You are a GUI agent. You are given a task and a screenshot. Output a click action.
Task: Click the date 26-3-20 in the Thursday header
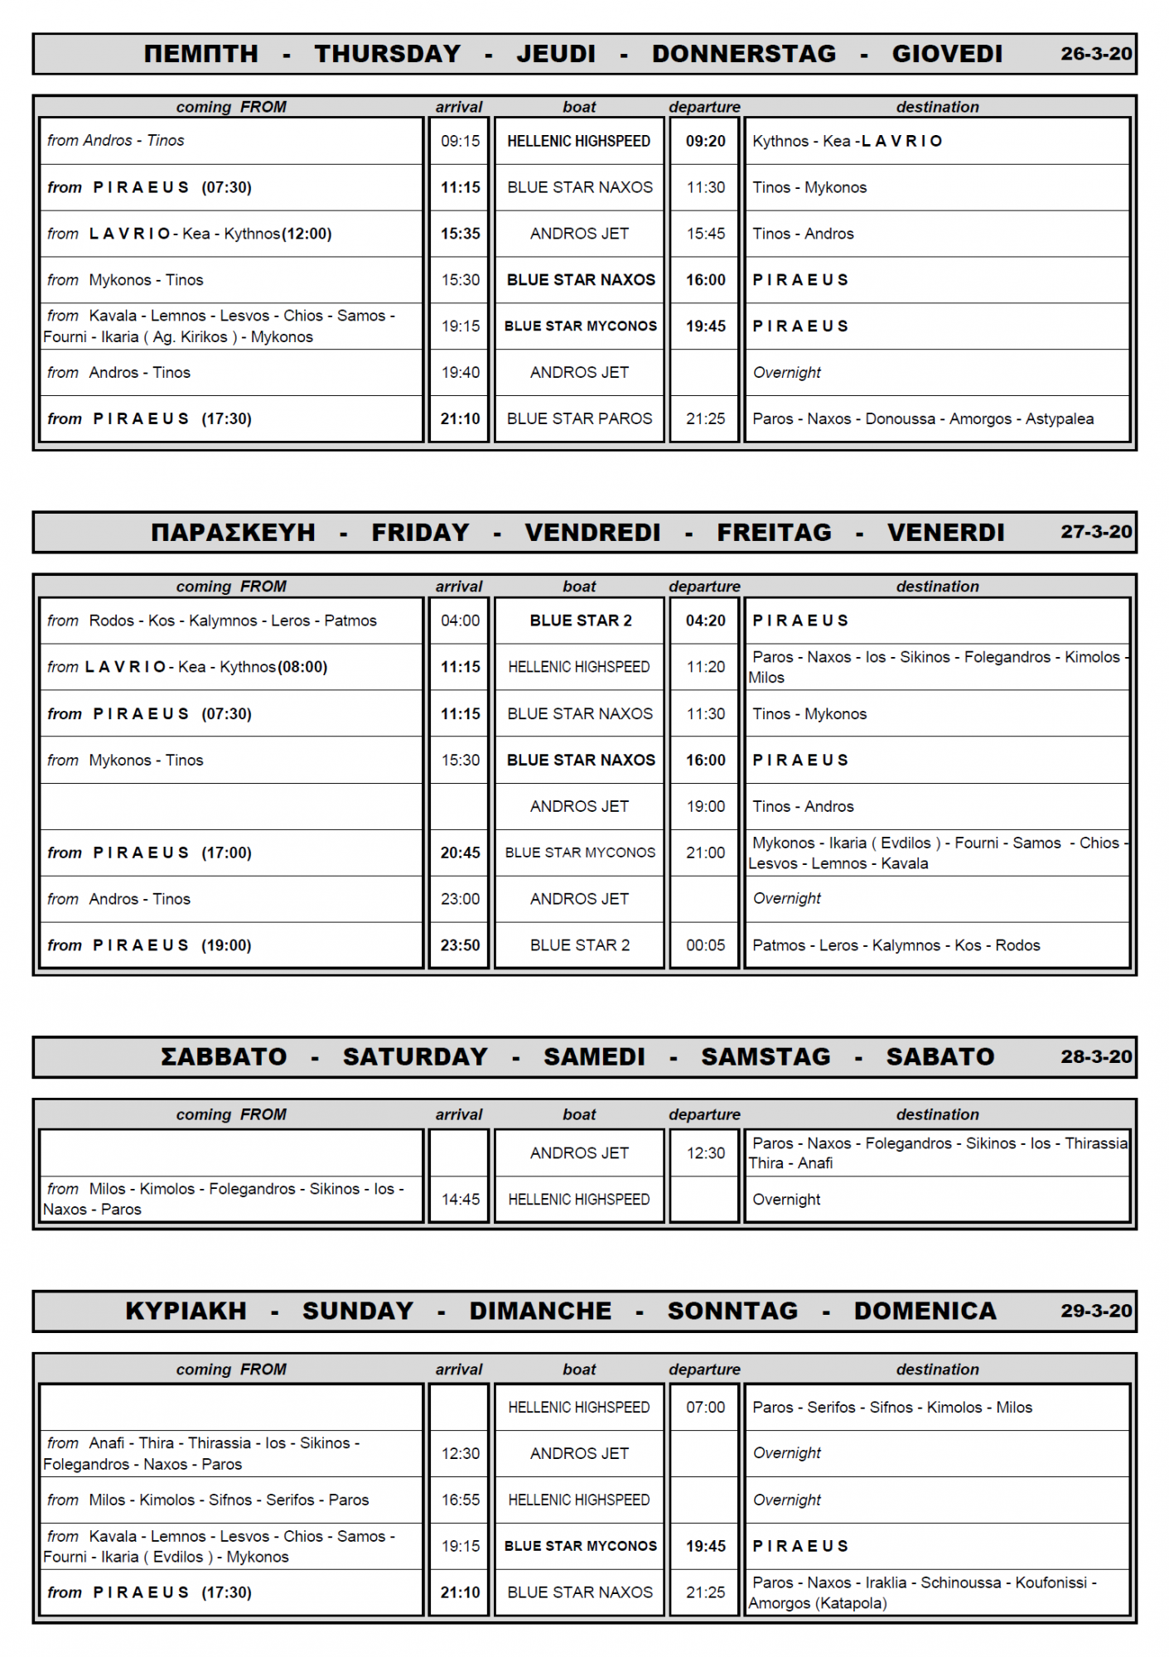point(1095,54)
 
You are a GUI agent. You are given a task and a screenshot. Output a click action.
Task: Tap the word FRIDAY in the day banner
point(420,533)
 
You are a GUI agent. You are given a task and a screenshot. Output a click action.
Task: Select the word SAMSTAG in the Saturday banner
point(766,1057)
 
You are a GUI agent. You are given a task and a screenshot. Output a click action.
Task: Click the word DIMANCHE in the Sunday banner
point(540,1312)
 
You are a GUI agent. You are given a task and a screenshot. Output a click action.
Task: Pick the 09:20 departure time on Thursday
point(705,142)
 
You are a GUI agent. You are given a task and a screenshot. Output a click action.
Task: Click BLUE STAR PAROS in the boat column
point(579,419)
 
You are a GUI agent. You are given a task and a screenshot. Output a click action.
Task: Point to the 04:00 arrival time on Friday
point(460,621)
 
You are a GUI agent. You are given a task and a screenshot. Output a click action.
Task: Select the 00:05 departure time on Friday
point(705,946)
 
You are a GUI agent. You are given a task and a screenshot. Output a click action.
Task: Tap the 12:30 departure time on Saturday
point(705,1153)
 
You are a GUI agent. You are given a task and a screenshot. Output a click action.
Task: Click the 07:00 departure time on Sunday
point(705,1408)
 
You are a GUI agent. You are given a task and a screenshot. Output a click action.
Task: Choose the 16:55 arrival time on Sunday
point(460,1500)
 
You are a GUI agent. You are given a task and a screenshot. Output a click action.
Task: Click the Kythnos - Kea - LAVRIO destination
point(847,142)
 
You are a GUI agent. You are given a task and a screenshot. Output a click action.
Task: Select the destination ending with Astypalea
point(922,419)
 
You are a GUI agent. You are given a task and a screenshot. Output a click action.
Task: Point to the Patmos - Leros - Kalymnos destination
point(896,946)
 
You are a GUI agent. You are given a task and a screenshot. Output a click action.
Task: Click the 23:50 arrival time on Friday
point(460,946)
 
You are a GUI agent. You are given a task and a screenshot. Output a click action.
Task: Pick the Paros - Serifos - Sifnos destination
point(891,1408)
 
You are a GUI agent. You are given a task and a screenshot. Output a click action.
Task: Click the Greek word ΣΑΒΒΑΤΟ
point(224,1057)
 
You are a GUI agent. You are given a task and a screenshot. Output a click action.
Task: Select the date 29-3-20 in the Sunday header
point(1095,1312)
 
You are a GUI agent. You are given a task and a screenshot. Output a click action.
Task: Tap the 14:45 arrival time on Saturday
point(460,1200)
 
